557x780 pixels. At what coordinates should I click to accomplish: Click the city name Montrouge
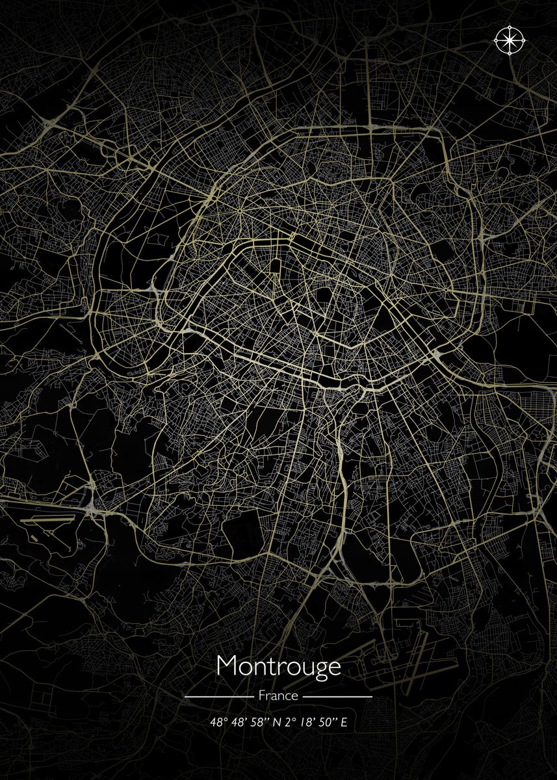point(278,667)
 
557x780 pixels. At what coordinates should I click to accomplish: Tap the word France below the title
point(278,695)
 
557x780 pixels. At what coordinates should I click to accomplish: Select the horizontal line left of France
point(218,696)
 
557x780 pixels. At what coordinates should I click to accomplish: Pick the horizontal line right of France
point(338,696)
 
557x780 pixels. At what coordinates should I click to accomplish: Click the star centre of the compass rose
point(510,40)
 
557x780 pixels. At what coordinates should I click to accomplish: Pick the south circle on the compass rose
point(510,53)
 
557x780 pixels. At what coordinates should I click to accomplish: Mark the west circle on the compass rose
point(497,40)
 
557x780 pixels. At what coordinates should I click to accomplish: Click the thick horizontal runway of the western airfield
point(45,521)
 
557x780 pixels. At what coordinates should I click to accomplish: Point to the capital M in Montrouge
point(227,667)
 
